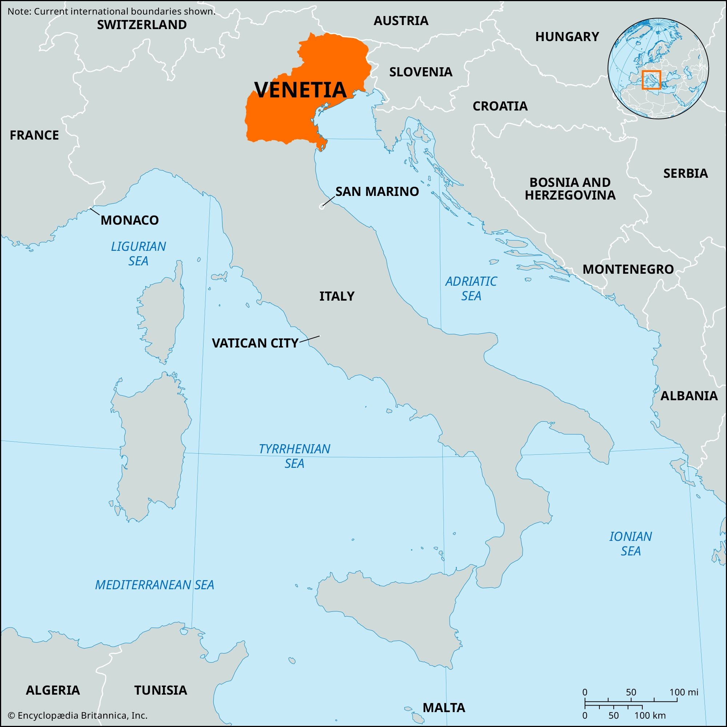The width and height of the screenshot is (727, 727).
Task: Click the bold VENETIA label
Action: (300, 89)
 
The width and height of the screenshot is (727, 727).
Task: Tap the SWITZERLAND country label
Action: (142, 25)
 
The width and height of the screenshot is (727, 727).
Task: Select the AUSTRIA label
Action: (401, 21)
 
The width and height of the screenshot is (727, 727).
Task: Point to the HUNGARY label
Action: (567, 37)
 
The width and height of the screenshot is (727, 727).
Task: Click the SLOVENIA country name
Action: (421, 72)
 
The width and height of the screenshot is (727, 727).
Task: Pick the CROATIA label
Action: (500, 107)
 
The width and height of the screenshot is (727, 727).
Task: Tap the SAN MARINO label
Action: (377, 192)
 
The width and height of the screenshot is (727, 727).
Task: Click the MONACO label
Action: (129, 220)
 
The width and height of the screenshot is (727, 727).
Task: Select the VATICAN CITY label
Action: (255, 343)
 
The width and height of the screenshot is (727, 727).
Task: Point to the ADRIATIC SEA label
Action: (471, 289)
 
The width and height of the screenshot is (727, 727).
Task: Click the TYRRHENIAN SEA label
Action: (294, 456)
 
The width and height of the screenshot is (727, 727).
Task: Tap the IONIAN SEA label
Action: (631, 544)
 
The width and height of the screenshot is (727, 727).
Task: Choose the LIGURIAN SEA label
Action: (138, 254)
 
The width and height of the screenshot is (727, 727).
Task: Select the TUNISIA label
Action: (161, 690)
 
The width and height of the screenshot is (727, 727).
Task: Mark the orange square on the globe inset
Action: (651, 80)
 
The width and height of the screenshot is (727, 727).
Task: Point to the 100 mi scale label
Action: (684, 692)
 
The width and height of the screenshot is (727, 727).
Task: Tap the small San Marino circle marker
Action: (322, 206)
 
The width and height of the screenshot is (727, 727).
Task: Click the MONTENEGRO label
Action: (628, 269)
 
